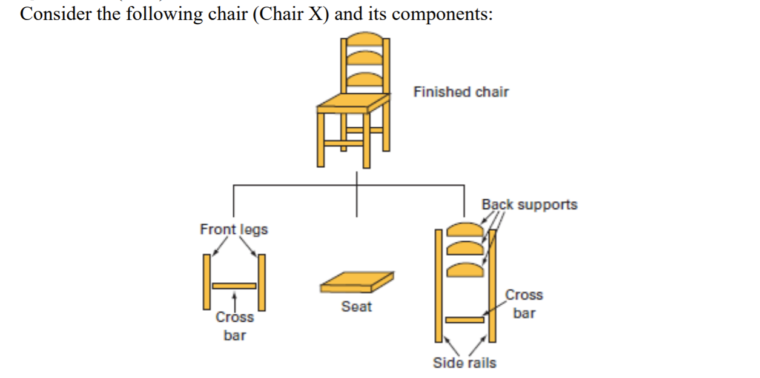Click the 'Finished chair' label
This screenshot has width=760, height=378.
pos(461,92)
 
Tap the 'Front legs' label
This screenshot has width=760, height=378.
pos(234,230)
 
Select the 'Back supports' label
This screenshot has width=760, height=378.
pos(529,205)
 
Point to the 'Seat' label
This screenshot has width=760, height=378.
pos(356,307)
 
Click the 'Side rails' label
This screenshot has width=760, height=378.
pos(464,363)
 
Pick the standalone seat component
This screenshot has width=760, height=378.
pos(357,281)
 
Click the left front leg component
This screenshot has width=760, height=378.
pos(207,282)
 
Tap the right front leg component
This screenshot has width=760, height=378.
pos(262,282)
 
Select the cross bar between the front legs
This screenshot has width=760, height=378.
pos(234,285)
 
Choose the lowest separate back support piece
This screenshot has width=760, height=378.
pos(464,269)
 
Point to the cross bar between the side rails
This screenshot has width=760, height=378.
pos(464,319)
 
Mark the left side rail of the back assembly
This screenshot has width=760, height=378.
pos(438,285)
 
